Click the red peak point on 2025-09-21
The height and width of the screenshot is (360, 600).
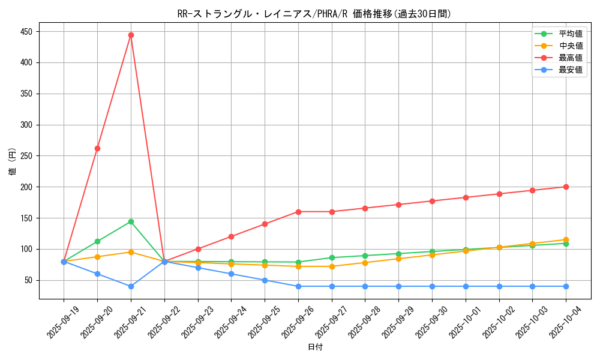tap(131, 35)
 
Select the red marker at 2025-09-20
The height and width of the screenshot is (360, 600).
tap(97, 148)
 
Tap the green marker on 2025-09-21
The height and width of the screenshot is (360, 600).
tap(131, 221)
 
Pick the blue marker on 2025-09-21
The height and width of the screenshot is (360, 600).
tap(131, 286)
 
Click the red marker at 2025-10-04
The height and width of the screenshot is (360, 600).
tap(566, 187)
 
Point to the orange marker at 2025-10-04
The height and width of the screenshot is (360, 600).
tap(566, 239)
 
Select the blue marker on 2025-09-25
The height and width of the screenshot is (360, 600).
tap(265, 280)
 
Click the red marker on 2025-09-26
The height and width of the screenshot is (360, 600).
tap(298, 212)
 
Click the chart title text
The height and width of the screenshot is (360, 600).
tap(314, 14)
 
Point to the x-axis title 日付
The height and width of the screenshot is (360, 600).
tap(315, 347)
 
